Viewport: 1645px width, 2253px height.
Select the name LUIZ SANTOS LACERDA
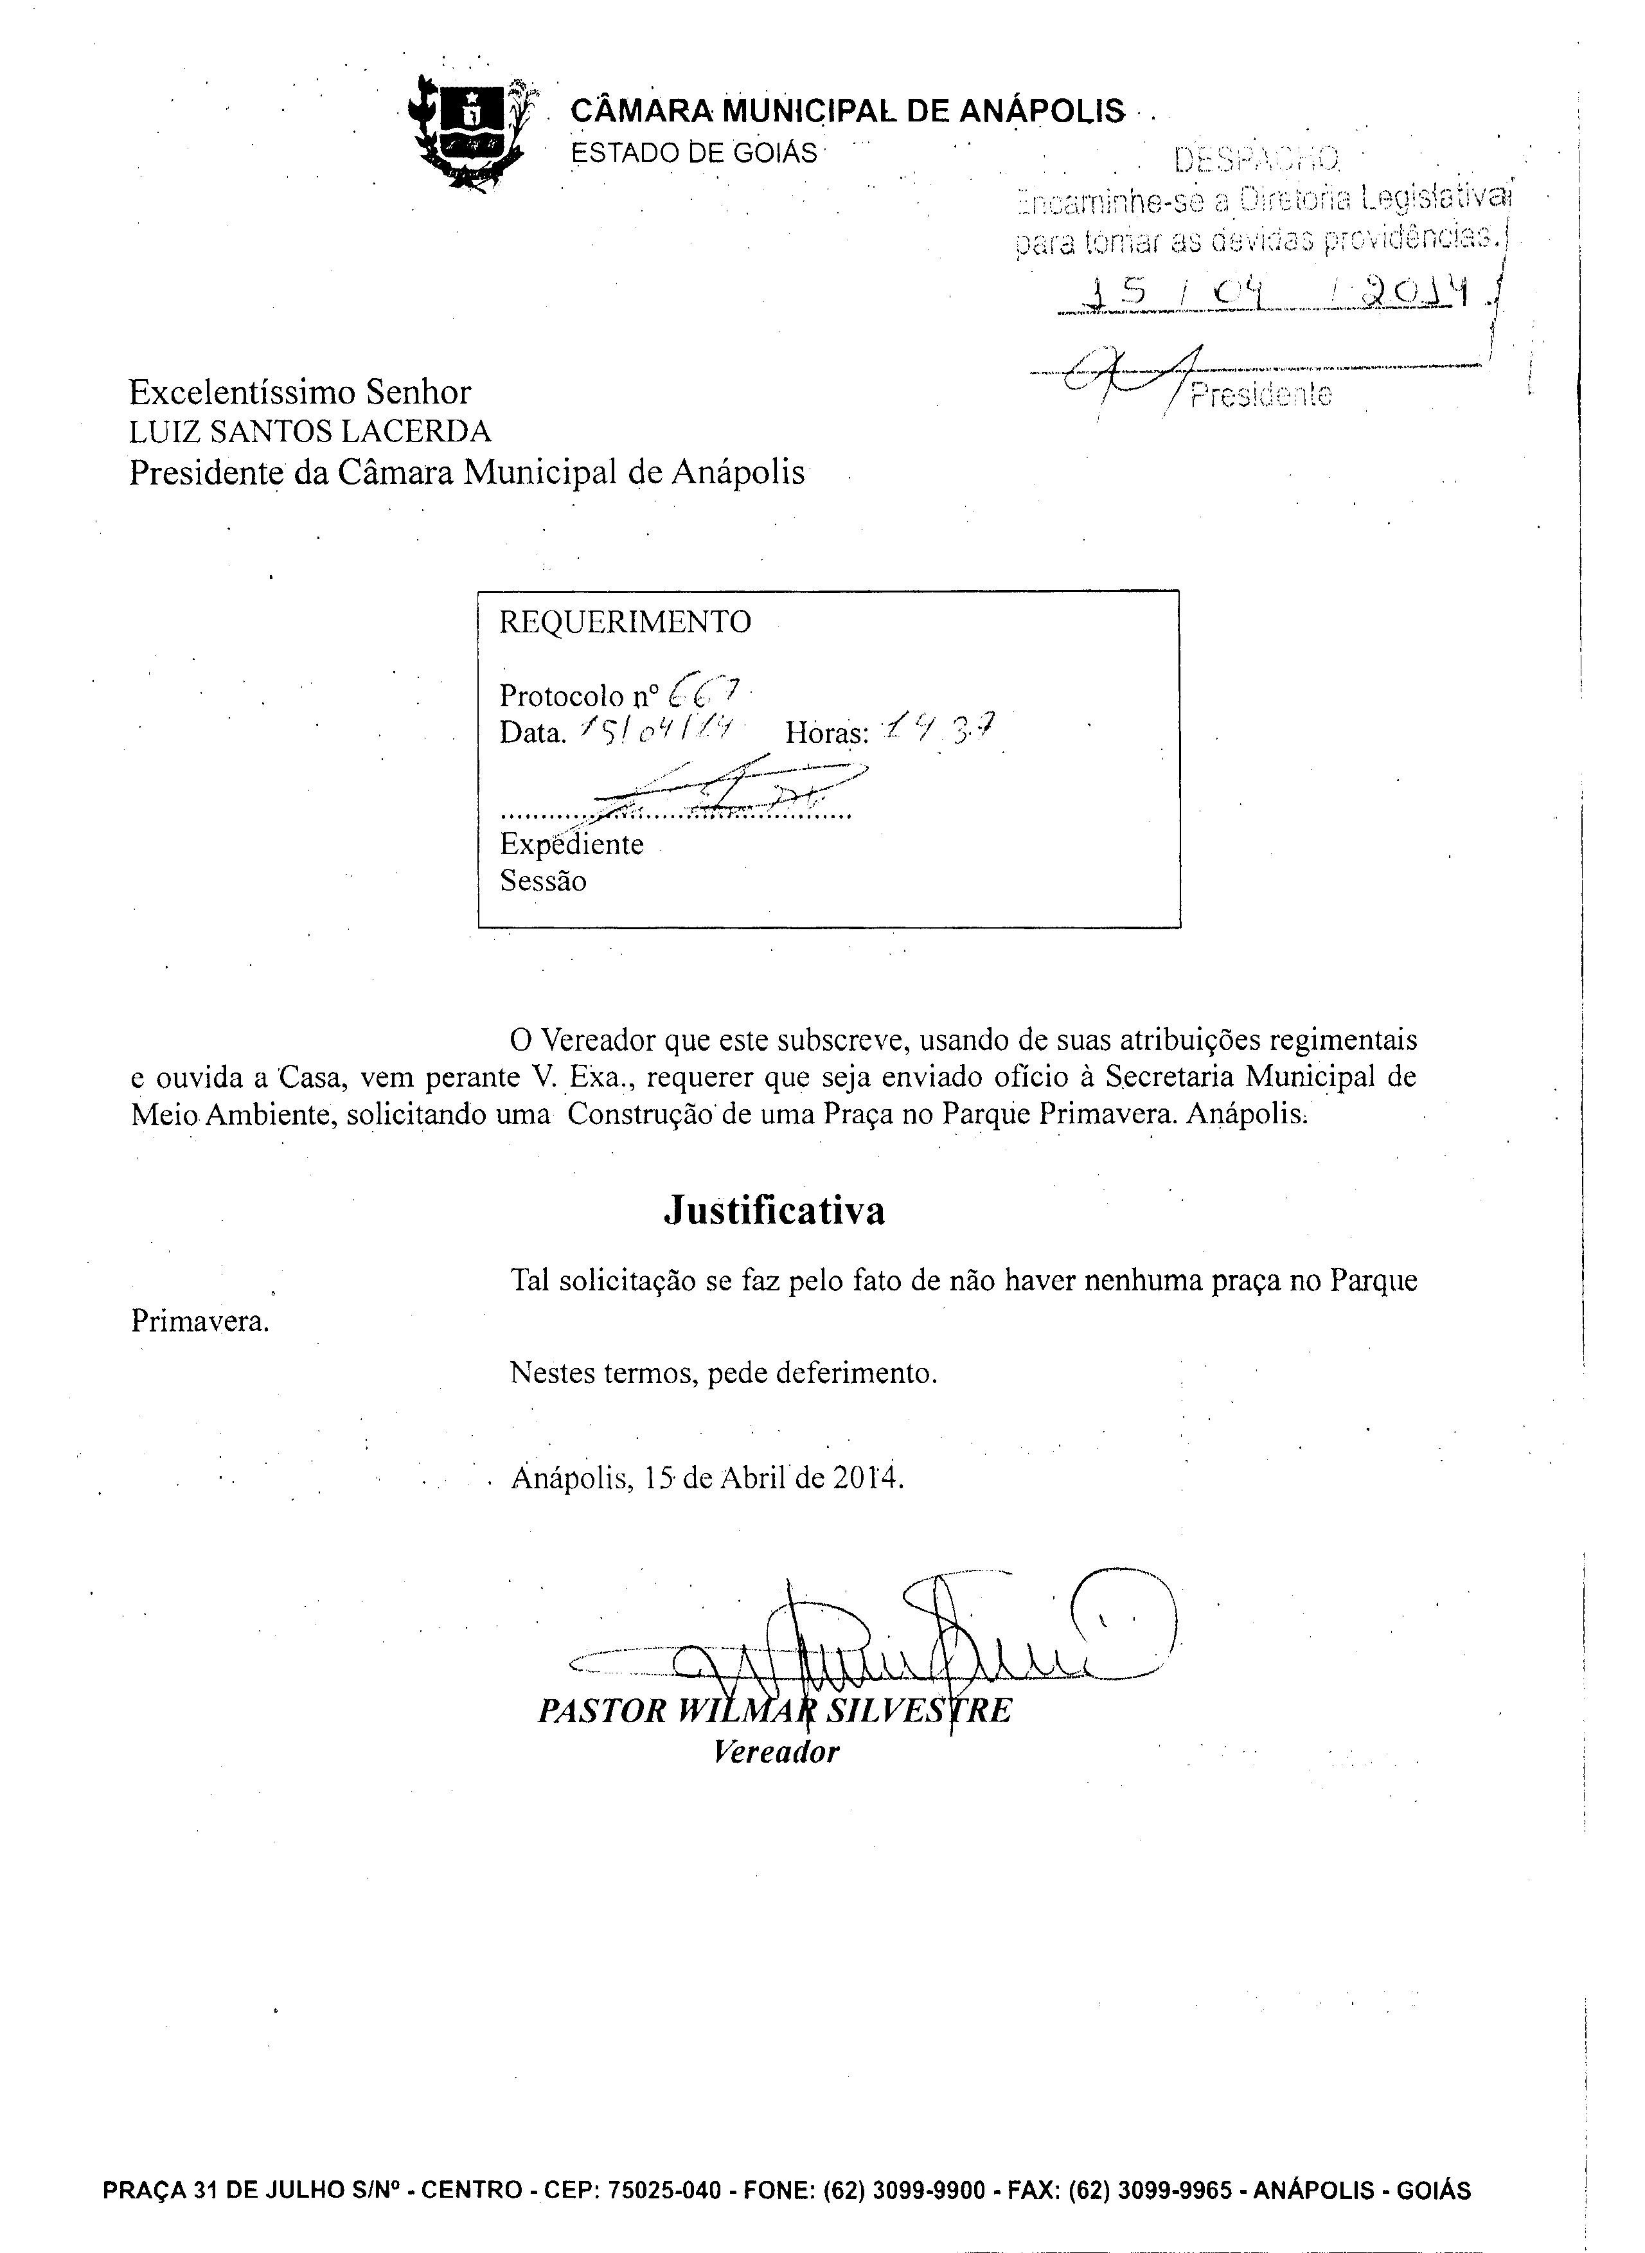310,431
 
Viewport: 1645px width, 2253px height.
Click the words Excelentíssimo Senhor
299,392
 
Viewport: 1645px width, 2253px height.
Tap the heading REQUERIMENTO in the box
625,622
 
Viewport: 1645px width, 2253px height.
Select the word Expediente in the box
571,844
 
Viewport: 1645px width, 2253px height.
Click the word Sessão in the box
543,881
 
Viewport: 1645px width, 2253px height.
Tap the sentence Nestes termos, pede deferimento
723,1373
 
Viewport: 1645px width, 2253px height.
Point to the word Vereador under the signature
776,1752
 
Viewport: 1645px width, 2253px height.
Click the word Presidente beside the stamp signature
1261,395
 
